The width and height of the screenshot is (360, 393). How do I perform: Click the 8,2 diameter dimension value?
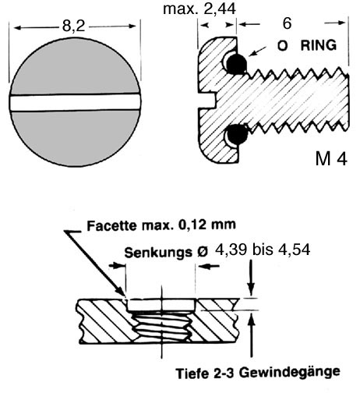click(73, 26)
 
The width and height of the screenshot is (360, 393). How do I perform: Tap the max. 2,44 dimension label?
click(199, 9)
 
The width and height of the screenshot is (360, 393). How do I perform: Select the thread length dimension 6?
click(287, 23)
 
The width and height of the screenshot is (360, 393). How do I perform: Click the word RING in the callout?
click(319, 45)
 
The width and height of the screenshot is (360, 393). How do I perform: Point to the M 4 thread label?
click(331, 158)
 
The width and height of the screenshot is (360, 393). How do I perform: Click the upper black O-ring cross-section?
click(236, 63)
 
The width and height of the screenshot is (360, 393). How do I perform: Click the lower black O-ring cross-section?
click(237, 134)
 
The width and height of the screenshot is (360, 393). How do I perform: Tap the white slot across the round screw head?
click(76, 103)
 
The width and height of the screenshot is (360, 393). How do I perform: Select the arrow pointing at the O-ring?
click(257, 51)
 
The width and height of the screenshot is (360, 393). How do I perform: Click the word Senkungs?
click(158, 253)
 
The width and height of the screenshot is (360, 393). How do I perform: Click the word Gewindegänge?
click(290, 373)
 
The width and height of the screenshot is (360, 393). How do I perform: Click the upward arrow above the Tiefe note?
click(251, 335)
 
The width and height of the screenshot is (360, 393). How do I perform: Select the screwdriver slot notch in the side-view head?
click(207, 101)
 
